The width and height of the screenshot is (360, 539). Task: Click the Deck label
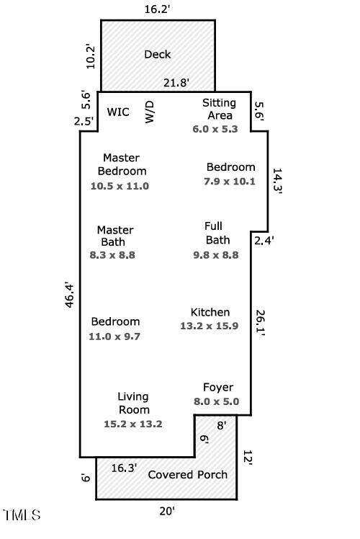click(x=158, y=54)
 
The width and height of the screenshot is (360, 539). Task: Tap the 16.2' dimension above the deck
click(x=157, y=9)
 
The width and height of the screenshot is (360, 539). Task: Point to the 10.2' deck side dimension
click(x=91, y=56)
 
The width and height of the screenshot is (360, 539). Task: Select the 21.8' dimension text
click(x=176, y=82)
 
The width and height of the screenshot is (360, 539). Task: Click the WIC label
click(x=118, y=112)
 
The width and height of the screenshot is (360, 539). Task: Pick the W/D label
click(x=150, y=112)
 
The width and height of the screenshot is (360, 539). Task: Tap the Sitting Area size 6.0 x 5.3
click(x=215, y=129)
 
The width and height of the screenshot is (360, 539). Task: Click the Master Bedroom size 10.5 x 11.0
click(x=120, y=186)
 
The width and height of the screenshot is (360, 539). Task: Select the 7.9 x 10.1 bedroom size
click(x=230, y=181)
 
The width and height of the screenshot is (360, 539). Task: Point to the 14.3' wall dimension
click(x=277, y=182)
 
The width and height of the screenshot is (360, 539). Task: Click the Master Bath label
click(x=115, y=236)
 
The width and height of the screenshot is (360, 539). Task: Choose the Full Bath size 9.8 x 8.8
click(x=216, y=255)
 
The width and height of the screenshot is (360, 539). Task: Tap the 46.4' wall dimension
click(x=69, y=295)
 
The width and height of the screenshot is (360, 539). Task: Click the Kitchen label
click(x=210, y=312)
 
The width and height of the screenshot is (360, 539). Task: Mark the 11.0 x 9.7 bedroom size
click(x=114, y=337)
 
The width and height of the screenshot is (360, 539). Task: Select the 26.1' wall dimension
click(x=260, y=323)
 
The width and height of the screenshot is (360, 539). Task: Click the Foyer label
click(x=218, y=388)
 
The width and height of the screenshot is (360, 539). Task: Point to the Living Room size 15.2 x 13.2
click(x=133, y=424)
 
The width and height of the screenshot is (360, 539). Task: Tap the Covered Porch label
click(x=187, y=475)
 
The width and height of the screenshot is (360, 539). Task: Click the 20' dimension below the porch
click(x=167, y=511)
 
